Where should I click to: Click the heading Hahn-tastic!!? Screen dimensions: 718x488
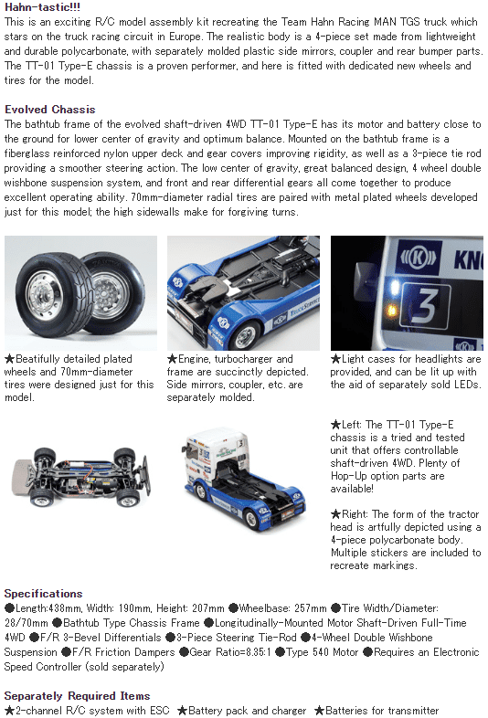tap(44, 7)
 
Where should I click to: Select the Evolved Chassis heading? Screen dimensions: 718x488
tap(49, 110)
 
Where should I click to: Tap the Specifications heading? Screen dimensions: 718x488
tap(43, 594)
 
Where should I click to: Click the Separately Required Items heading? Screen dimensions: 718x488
tap(77, 696)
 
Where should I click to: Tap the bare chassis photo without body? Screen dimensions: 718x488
tap(82, 469)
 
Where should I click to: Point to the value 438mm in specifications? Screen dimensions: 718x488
tap(69, 608)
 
